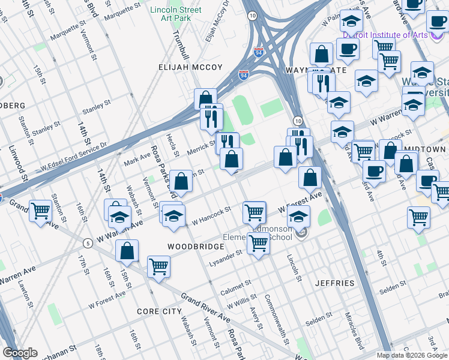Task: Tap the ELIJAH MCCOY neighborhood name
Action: [x=190, y=68]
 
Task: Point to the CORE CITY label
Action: [x=159, y=311]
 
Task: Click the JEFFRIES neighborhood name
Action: [x=334, y=283]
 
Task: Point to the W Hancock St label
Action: [x=211, y=217]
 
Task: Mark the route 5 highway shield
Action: [x=88, y=243]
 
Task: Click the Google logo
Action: [x=20, y=353]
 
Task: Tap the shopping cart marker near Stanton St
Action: [x=40, y=211]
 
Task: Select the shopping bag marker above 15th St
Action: [x=127, y=251]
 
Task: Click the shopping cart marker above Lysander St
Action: [x=258, y=244]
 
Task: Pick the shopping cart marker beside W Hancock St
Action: [x=255, y=212]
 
